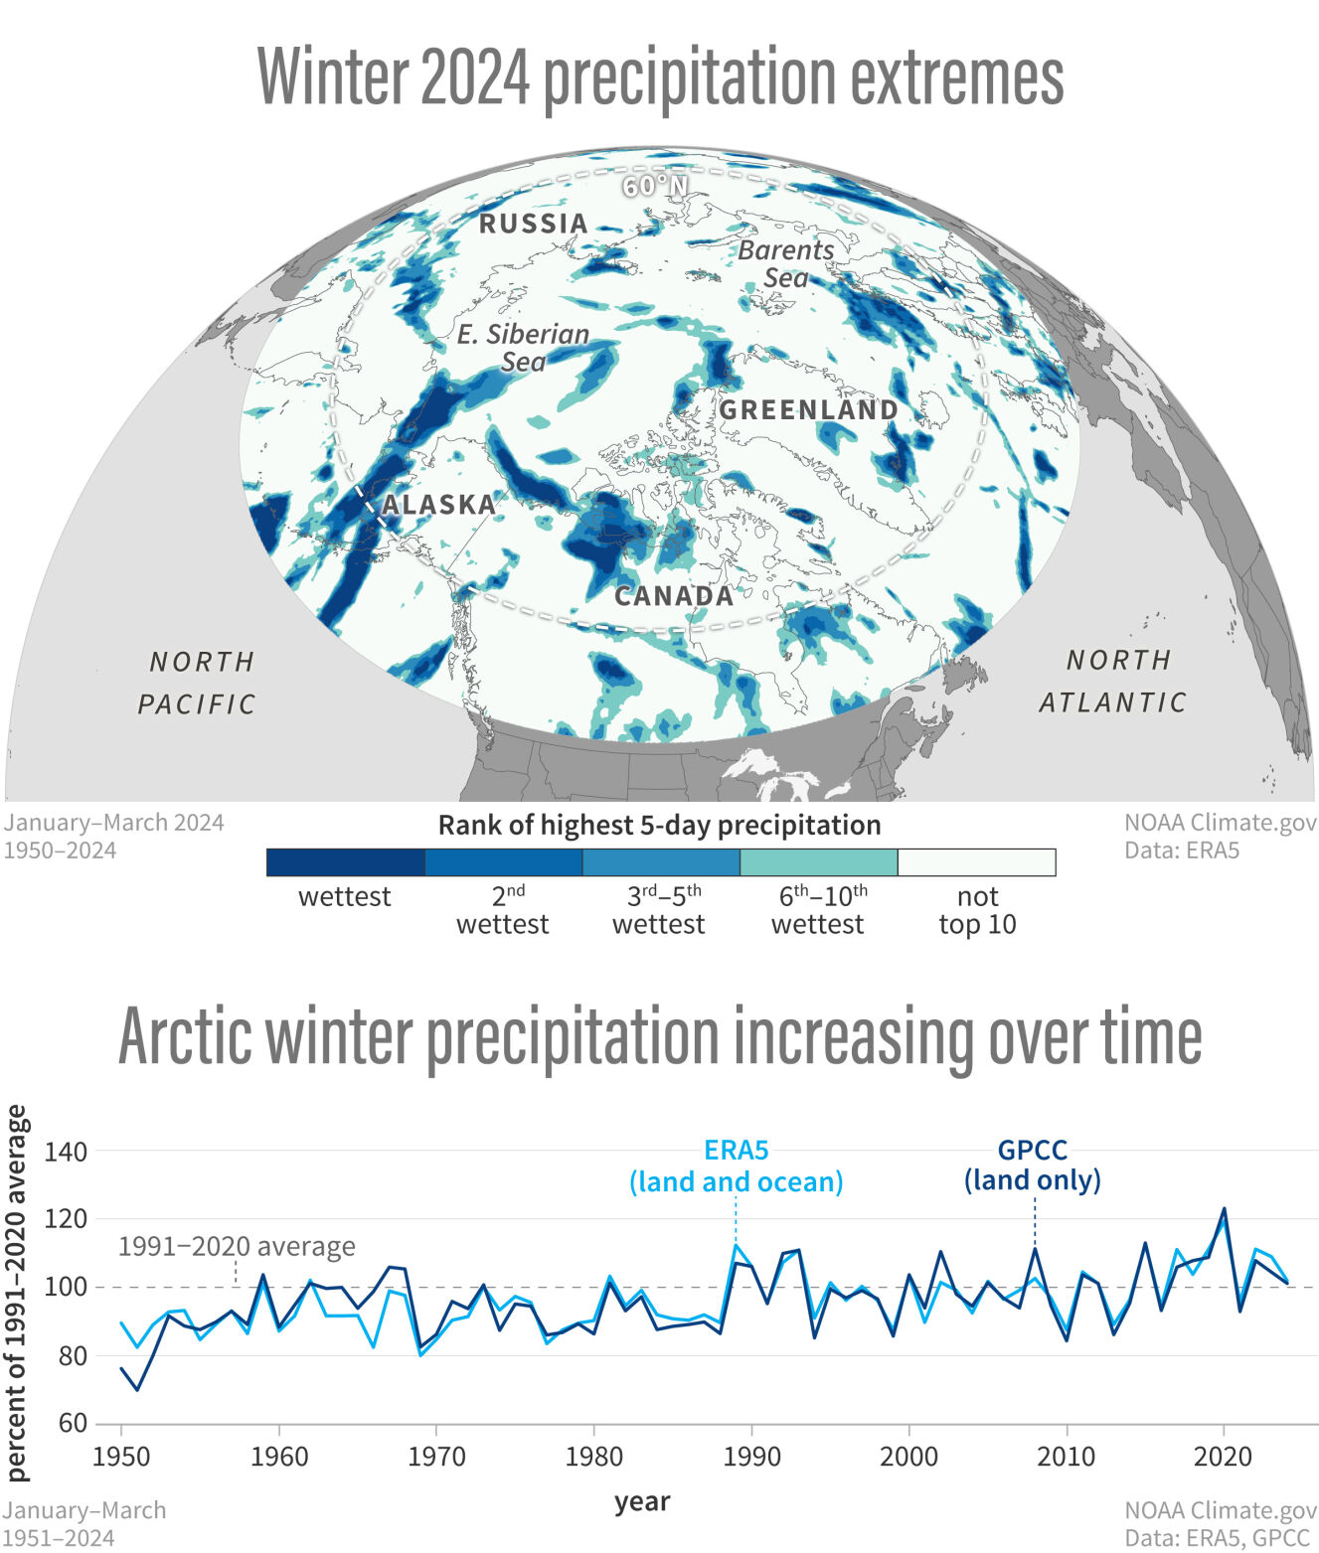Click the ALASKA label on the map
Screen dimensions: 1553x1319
coord(438,505)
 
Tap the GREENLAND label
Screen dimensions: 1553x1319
coord(808,409)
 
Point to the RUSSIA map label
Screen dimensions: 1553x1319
coord(534,224)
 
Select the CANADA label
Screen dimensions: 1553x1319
coord(674,596)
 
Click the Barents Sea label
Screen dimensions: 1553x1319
coord(785,263)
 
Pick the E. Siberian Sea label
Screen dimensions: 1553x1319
coord(524,348)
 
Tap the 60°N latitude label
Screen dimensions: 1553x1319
coord(655,186)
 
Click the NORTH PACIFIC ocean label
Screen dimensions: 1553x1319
coord(198,683)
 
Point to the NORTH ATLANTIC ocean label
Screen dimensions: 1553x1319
coord(1113,681)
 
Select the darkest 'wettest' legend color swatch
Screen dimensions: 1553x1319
coord(345,862)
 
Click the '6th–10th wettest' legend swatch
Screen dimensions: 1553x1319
coord(818,862)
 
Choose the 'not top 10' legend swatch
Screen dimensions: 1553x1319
coord(976,862)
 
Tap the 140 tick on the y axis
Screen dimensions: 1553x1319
coord(67,1152)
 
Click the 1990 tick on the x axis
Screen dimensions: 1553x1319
coord(751,1457)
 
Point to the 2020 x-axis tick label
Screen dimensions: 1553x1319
coord(1223,1457)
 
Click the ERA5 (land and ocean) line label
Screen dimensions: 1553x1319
coord(736,1165)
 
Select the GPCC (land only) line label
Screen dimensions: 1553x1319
coord(1033,1165)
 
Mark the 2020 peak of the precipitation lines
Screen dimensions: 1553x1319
coord(1224,1210)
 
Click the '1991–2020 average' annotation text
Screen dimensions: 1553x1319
coord(237,1246)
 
